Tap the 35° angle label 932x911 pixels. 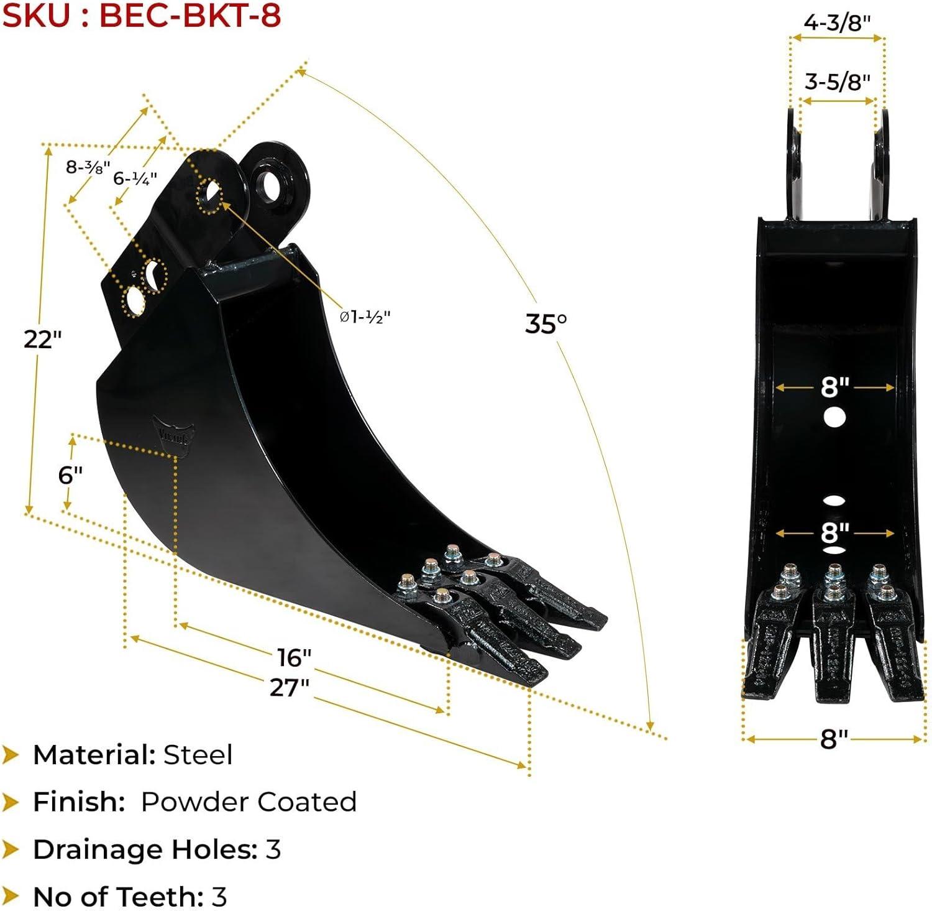[x=546, y=323]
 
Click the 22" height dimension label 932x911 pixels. [x=43, y=340]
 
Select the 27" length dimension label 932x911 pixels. [x=290, y=687]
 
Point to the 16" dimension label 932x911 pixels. [x=294, y=657]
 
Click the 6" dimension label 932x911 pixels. [x=70, y=475]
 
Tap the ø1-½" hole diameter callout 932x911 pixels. [x=365, y=317]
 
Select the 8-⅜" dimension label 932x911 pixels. [x=88, y=167]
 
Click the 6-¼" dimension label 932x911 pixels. [x=135, y=178]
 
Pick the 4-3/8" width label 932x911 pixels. [x=837, y=22]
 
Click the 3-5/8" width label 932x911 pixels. [x=837, y=81]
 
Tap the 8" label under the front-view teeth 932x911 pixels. [x=834, y=739]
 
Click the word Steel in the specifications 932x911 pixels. [x=198, y=755]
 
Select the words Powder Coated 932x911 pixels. [x=249, y=802]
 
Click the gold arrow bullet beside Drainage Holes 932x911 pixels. [x=11, y=849]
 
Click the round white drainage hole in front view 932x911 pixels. [x=834, y=417]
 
